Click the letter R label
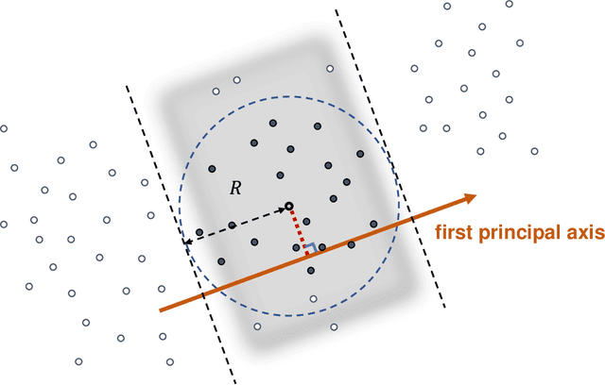(235, 189)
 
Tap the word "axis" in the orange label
(576, 232)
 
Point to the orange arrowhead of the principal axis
(467, 198)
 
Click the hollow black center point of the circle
(288, 206)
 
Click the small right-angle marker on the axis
(308, 248)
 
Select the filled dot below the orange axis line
(311, 271)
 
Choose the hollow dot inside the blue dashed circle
(313, 299)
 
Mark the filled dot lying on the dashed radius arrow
(232, 226)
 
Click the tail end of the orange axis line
(162, 310)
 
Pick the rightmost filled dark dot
(373, 225)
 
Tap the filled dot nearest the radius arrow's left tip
(199, 232)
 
